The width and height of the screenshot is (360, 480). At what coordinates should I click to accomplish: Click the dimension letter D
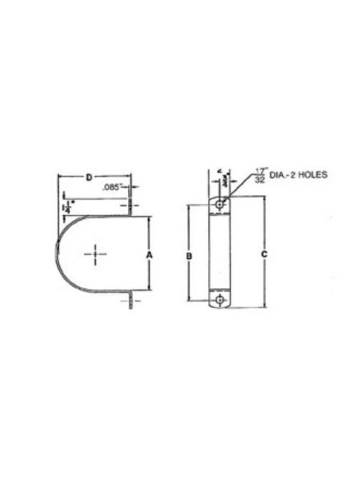tap(88, 176)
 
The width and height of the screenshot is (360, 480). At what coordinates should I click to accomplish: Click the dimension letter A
tap(148, 255)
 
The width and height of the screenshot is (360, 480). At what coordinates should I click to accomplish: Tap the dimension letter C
tap(265, 255)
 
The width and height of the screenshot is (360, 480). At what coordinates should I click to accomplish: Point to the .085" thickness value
tap(112, 187)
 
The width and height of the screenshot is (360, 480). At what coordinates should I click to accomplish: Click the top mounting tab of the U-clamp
tap(131, 207)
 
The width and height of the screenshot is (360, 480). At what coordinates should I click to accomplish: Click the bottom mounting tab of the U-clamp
tap(131, 301)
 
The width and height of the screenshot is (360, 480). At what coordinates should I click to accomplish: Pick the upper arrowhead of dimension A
tap(148, 219)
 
